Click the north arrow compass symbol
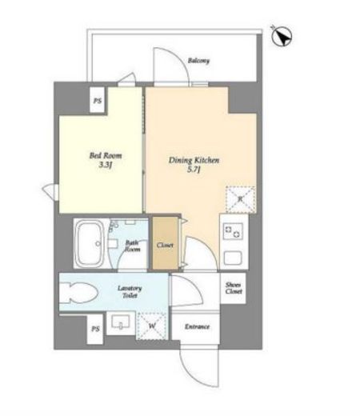pyautogui.click(x=282, y=36)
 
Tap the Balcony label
pyautogui.click(x=198, y=61)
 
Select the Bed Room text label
pyautogui.click(x=106, y=155)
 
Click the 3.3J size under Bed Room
pyautogui.click(x=105, y=165)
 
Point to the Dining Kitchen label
pyautogui.click(x=194, y=160)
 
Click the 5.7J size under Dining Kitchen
pyautogui.click(x=194, y=170)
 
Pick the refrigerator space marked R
pyautogui.click(x=241, y=199)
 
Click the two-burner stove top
pyautogui.click(x=233, y=231)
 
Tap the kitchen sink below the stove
pyautogui.click(x=233, y=258)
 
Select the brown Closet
pyautogui.click(x=166, y=243)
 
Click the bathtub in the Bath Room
pyautogui.click(x=89, y=243)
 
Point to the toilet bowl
pyautogui.click(x=78, y=293)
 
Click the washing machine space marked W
pyautogui.click(x=152, y=326)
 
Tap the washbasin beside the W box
pyautogui.click(x=121, y=322)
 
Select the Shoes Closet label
pyautogui.click(x=234, y=288)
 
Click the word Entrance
pyautogui.click(x=197, y=326)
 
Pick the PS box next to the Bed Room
pyautogui.click(x=98, y=100)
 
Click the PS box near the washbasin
pyautogui.click(x=95, y=329)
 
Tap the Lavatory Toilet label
pyautogui.click(x=130, y=292)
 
